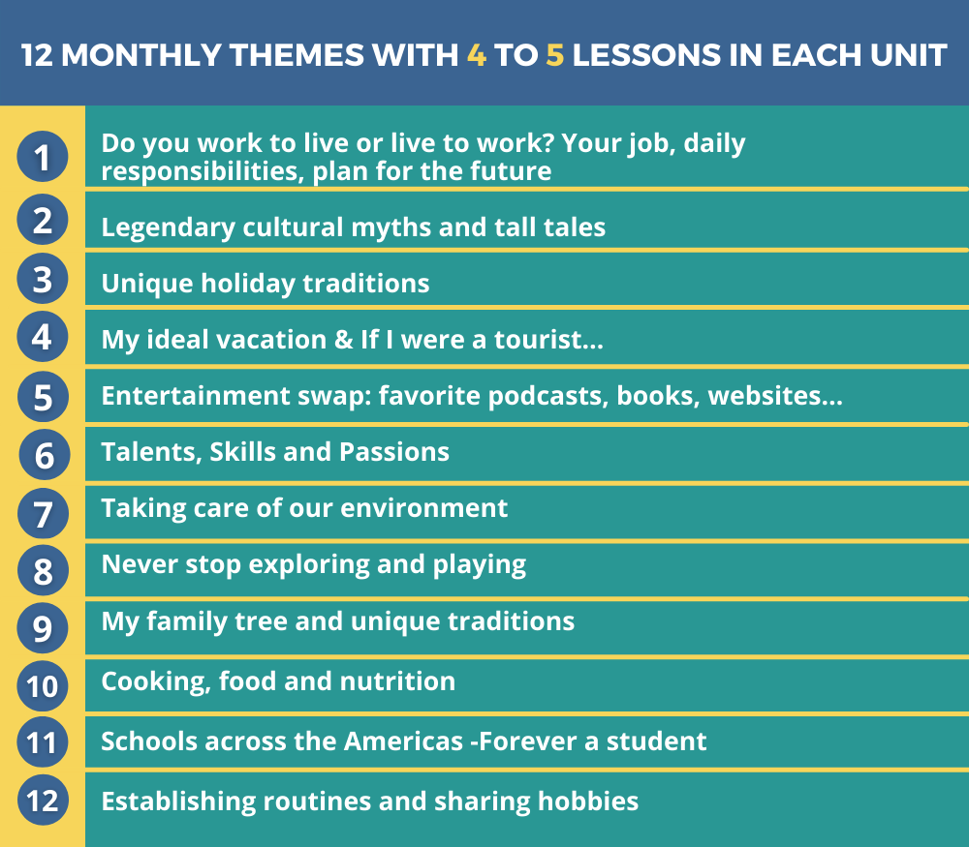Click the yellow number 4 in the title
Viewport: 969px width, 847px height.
[477, 55]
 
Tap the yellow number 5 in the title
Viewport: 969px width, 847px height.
[555, 55]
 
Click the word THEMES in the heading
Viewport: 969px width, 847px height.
[297, 55]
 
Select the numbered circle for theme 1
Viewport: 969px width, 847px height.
[42, 157]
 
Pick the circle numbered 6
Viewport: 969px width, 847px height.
[44, 454]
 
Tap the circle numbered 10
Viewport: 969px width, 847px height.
[42, 686]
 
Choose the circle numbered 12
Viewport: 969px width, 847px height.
[42, 801]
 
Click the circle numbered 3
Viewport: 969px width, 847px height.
[42, 279]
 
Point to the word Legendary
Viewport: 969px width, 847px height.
[168, 227]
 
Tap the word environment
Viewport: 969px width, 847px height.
[424, 508]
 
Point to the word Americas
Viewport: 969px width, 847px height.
[403, 741]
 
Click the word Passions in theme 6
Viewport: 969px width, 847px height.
[394, 452]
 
